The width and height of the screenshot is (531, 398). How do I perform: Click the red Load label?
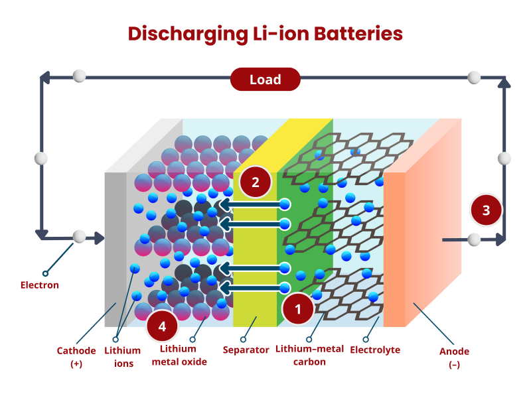pyautogui.click(x=265, y=80)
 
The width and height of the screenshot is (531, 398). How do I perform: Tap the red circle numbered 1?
pyautogui.click(x=298, y=308)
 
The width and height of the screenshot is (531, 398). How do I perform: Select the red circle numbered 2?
pyautogui.click(x=256, y=181)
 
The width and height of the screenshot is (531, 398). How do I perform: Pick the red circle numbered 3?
pyautogui.click(x=487, y=210)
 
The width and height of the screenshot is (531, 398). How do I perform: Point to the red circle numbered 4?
pyautogui.click(x=162, y=326)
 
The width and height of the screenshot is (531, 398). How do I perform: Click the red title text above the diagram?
pyautogui.click(x=265, y=33)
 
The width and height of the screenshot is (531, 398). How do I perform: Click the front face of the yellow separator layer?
pyautogui.click(x=254, y=265)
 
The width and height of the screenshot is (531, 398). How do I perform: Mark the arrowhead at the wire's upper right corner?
pyautogui.click(x=502, y=84)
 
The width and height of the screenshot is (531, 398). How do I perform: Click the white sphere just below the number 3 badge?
pyautogui.click(x=474, y=239)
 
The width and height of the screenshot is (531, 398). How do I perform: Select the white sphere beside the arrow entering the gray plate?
pyautogui.click(x=79, y=237)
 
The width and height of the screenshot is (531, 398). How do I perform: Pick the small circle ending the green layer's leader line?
pyautogui.click(x=309, y=339)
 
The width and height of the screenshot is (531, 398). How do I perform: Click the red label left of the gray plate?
pyautogui.click(x=40, y=289)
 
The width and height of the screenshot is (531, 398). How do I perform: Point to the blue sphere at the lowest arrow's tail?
pyautogui.click(x=285, y=288)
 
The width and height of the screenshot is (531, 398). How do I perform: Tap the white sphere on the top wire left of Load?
pyautogui.click(x=80, y=76)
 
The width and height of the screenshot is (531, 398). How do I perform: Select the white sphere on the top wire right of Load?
pyautogui.click(x=474, y=78)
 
